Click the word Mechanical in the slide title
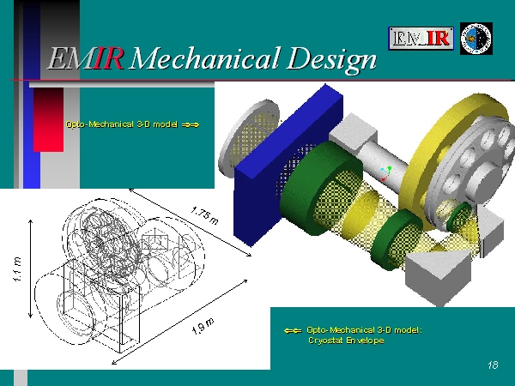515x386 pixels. (x=205, y=58)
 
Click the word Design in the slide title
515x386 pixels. (x=331, y=60)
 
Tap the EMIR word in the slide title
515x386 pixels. (x=85, y=58)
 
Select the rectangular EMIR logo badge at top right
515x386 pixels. (x=421, y=39)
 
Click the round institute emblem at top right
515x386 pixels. (x=476, y=39)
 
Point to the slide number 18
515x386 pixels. (x=493, y=365)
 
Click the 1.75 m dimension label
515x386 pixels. (x=204, y=215)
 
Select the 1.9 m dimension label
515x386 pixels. (x=203, y=326)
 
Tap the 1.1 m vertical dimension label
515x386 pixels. (x=17, y=268)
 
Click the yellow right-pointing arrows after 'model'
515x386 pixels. (x=191, y=124)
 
